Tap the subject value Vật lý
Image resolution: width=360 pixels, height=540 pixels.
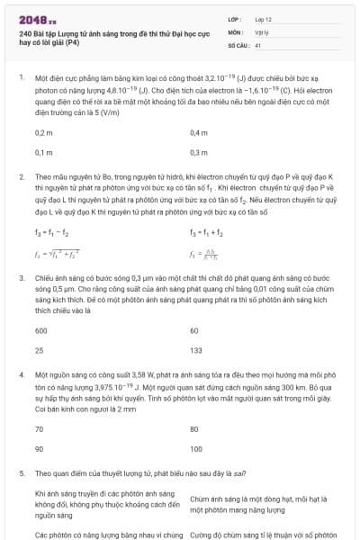tap(260, 31)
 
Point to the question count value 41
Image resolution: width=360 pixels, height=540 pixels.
tap(257, 43)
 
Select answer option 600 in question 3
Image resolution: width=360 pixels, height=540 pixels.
tap(41, 330)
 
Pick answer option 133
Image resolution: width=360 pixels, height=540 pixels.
tap(196, 350)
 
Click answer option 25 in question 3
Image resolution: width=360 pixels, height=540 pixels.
tap(40, 350)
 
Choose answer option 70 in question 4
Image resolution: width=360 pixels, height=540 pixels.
tap(40, 429)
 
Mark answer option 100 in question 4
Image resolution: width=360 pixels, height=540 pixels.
tap(196, 448)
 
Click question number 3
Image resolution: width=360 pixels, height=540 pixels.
tap(22, 279)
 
